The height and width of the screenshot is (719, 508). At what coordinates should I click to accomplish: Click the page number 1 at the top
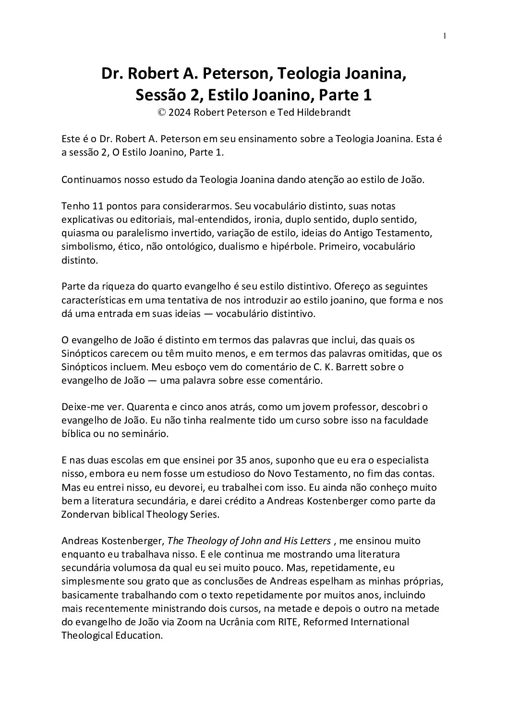pyautogui.click(x=445, y=35)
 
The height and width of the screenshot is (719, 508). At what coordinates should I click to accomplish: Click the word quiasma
pyautogui.click(x=78, y=233)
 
